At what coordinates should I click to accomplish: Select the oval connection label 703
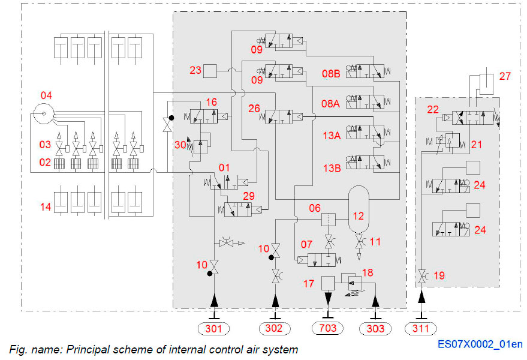point(328,328)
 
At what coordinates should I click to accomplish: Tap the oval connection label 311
point(421,328)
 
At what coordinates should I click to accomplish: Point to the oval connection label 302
point(275,328)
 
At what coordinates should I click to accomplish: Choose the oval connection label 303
point(375,328)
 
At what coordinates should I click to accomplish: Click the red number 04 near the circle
point(47,95)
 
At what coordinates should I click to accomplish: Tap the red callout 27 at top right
point(505,76)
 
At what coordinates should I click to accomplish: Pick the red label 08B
point(331,73)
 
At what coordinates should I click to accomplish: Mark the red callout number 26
point(254,109)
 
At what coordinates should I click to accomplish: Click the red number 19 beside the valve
point(439,275)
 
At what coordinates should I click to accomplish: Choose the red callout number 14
point(46,207)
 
